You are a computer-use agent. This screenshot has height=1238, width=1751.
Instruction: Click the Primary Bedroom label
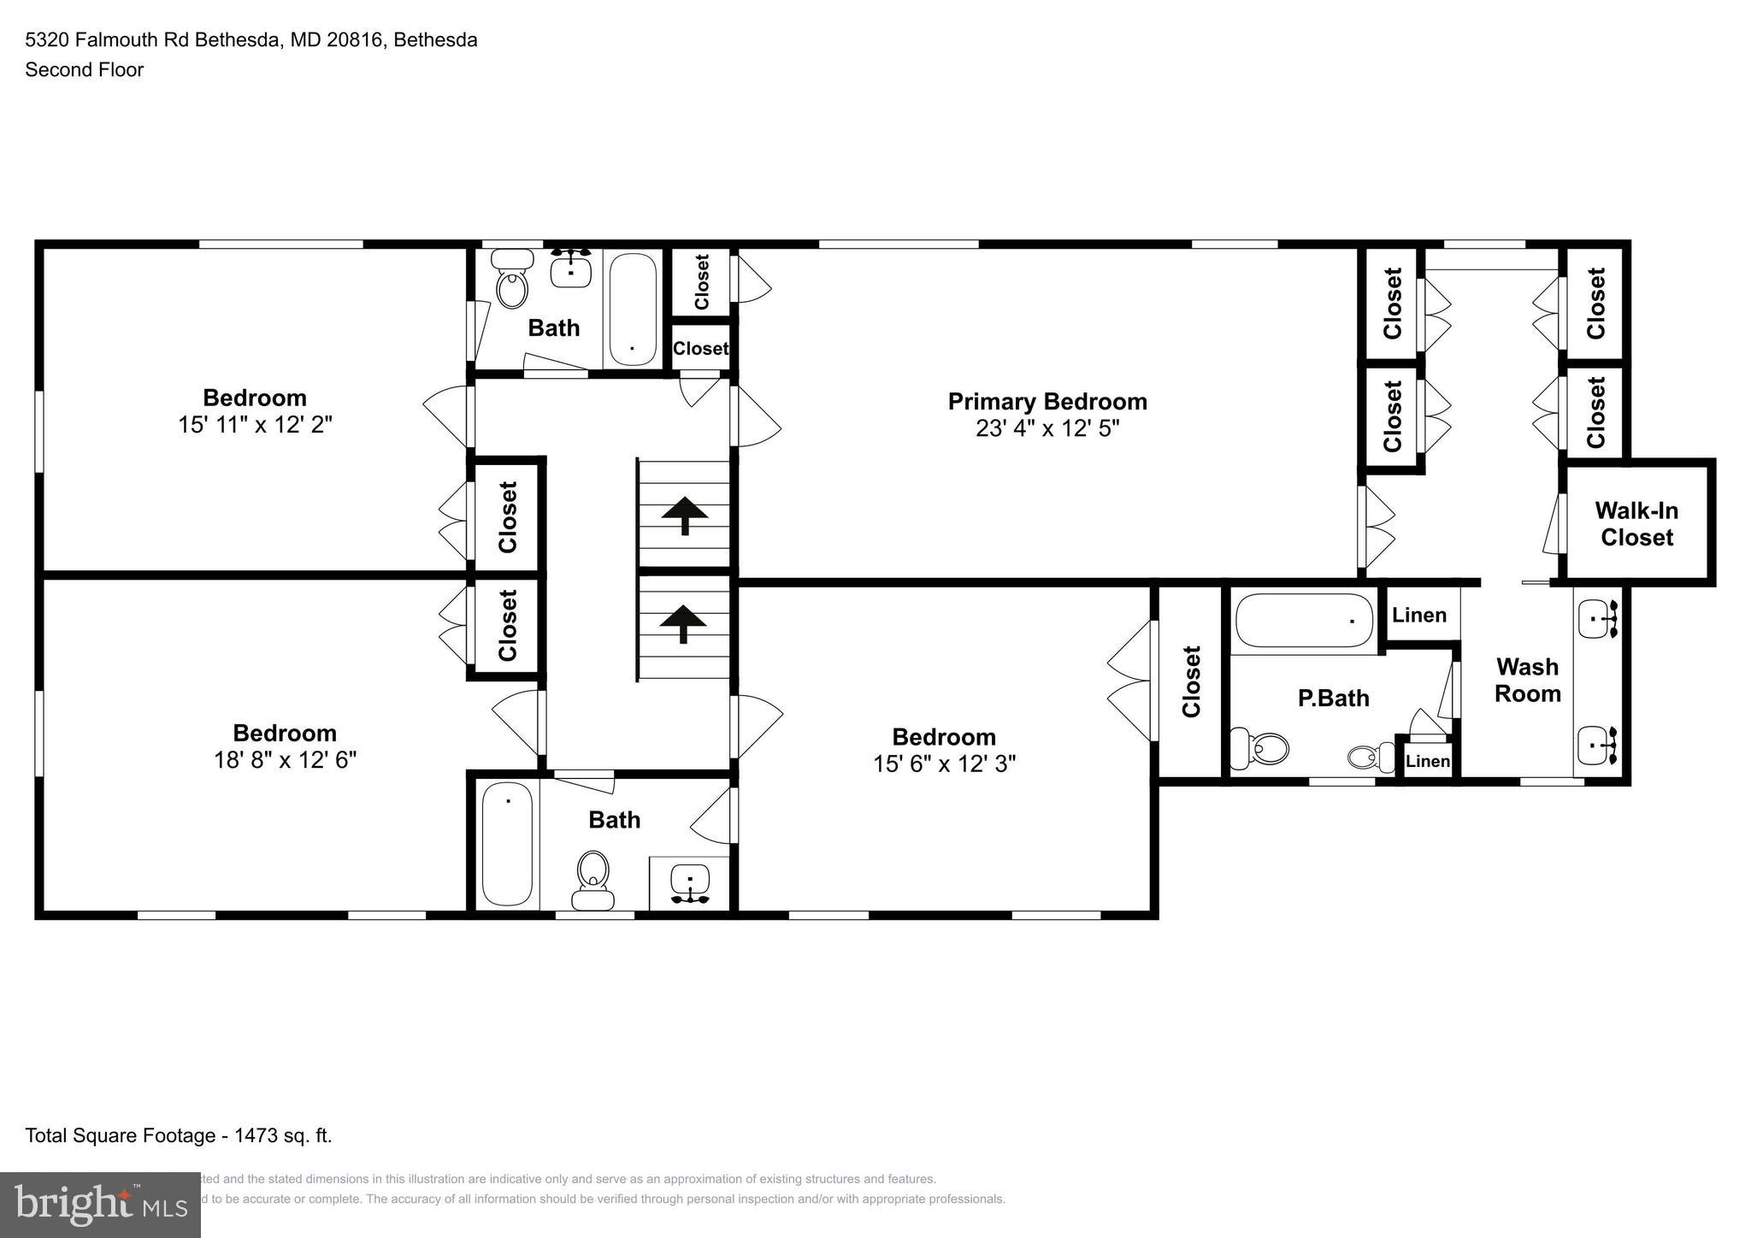point(1046,401)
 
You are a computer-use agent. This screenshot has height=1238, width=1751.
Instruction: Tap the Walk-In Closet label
point(1636,524)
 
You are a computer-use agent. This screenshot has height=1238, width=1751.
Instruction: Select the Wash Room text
point(1527,680)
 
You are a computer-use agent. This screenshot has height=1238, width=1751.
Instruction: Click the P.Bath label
point(1333,699)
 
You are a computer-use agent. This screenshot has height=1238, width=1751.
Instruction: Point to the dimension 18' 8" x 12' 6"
point(285,760)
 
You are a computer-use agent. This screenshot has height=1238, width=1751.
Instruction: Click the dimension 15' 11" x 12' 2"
point(255,425)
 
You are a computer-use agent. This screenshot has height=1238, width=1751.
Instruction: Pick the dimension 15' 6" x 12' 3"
point(944,763)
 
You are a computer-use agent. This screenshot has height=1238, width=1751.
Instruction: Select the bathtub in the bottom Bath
point(507,845)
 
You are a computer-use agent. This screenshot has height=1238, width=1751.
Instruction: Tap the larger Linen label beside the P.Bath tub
point(1419,615)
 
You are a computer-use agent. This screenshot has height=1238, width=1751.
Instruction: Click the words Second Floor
point(84,70)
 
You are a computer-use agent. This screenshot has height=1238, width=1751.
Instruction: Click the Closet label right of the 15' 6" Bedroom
point(1191,681)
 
